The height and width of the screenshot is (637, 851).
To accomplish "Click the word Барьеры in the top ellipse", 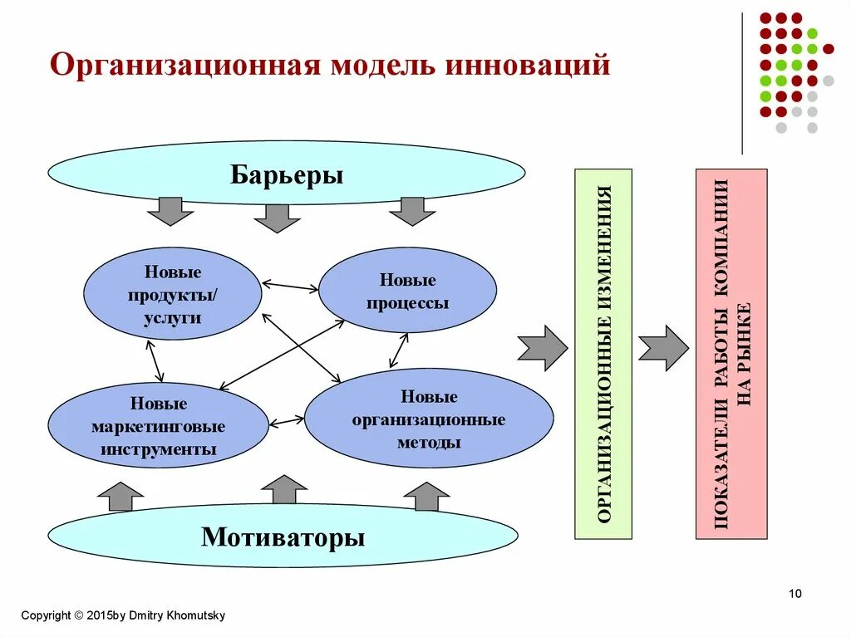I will tap(287, 175).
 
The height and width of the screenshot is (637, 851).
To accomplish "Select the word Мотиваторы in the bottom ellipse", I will tap(283, 537).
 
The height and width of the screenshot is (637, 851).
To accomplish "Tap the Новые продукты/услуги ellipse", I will tap(173, 294).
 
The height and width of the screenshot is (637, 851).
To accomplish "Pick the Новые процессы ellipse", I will tap(407, 291).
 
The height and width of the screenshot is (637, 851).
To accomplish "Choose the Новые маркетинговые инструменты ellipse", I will tap(158, 426).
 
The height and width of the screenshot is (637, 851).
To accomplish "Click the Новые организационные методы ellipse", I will tap(428, 419).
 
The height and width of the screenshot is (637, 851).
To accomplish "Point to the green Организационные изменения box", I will tap(603, 354).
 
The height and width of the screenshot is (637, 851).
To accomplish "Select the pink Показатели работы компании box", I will tap(731, 354).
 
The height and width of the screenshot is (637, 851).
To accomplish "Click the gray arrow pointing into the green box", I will tap(542, 348).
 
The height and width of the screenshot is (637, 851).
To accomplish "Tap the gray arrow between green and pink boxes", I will tap(663, 348).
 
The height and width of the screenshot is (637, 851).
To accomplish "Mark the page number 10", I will tap(794, 593).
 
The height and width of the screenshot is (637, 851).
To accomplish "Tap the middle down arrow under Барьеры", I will tap(277, 217).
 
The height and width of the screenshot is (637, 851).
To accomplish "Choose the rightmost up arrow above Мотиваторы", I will tap(426, 497).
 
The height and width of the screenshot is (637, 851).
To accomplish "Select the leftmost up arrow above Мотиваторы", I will tap(121, 497).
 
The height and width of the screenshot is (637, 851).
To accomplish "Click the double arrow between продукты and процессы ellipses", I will tap(290, 287).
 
